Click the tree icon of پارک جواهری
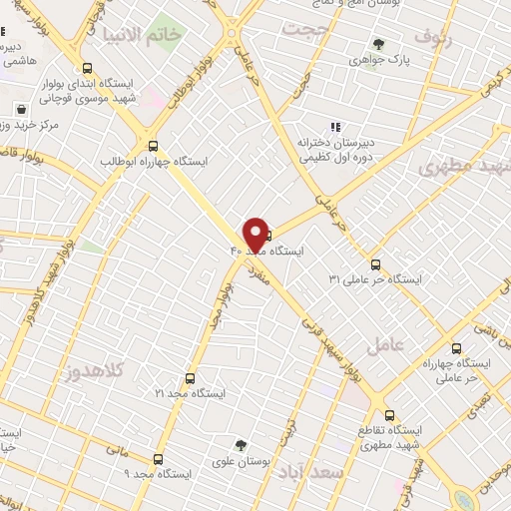[x=378, y=43]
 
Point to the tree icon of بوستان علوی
[x=240, y=445]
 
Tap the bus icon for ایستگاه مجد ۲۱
[x=191, y=378]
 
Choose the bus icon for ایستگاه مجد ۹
[x=158, y=460]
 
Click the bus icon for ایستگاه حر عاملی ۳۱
[x=375, y=264]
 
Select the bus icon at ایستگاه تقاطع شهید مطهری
[x=388, y=413]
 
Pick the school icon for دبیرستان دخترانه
[x=335, y=127]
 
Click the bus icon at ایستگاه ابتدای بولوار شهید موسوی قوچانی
[x=87, y=68]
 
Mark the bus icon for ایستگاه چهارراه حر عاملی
[x=456, y=348]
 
